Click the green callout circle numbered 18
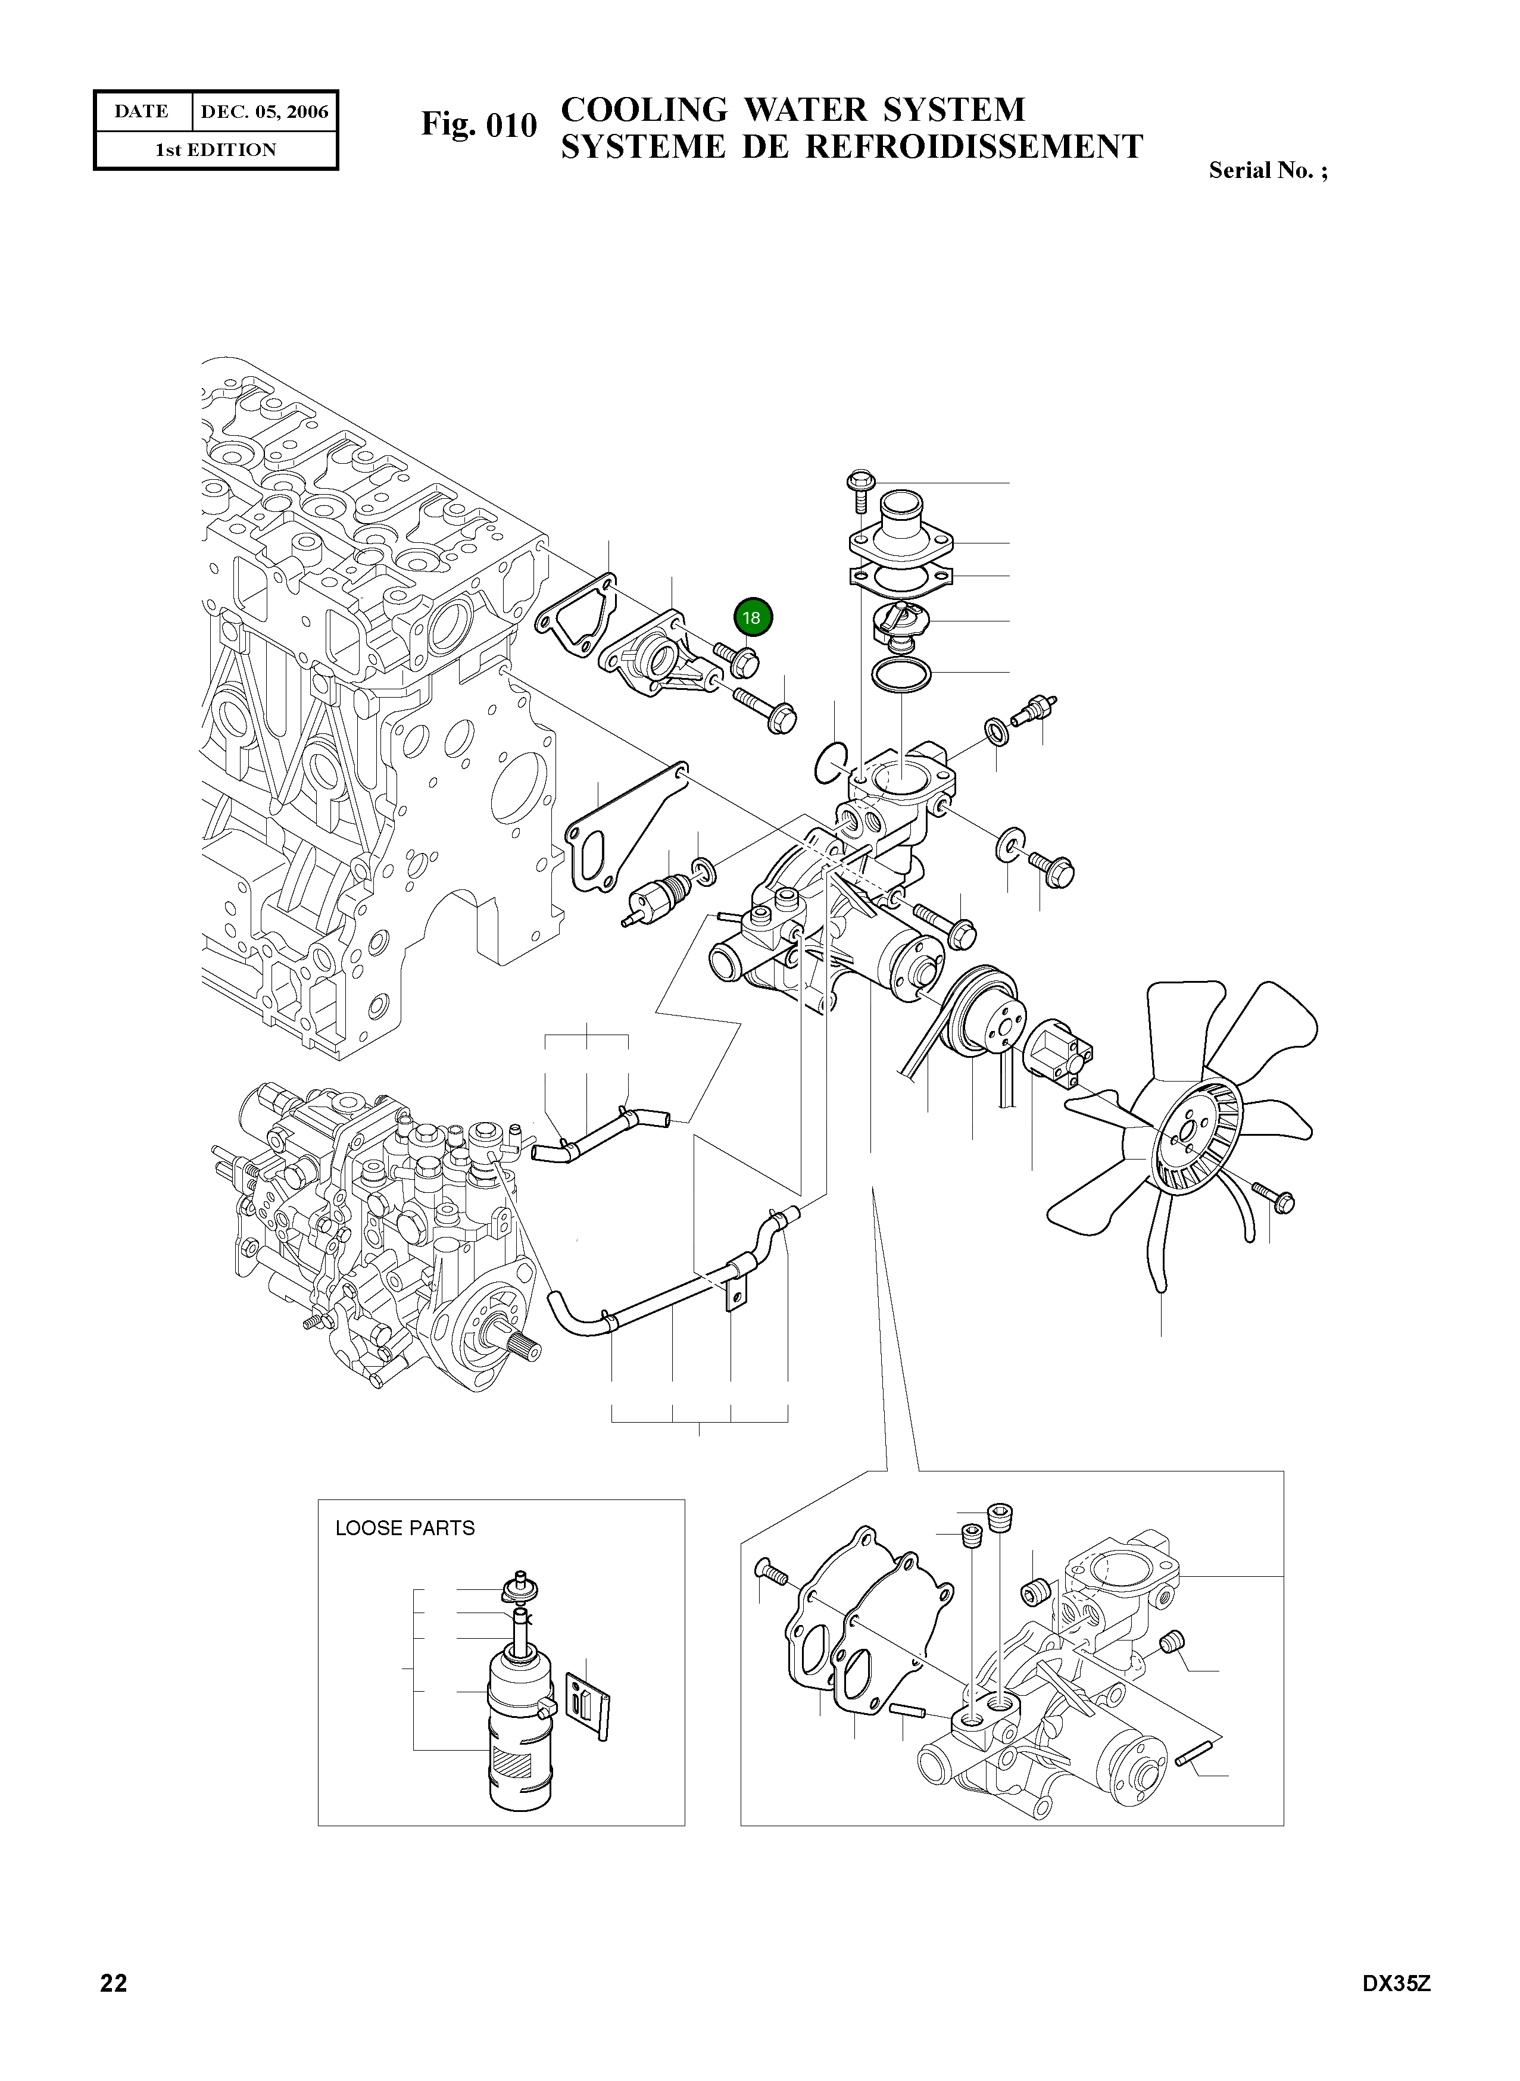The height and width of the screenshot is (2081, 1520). tap(753, 617)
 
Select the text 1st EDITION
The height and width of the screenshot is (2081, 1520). tap(216, 150)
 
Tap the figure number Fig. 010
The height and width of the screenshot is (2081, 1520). tap(479, 124)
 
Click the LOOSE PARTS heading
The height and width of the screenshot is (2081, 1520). tap(405, 1528)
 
